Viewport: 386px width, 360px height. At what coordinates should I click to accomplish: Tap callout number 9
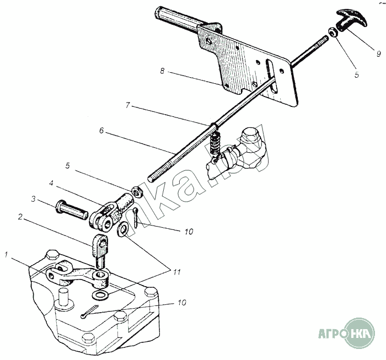pos(378,53)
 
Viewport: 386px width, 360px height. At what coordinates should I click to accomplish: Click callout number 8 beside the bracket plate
pos(162,71)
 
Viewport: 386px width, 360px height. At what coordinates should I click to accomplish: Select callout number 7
pos(127,105)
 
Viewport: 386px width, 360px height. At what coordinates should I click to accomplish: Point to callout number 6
pos(101,131)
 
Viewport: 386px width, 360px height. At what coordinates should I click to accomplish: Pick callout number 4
pos(51,184)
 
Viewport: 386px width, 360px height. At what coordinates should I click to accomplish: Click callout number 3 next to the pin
pos(34,199)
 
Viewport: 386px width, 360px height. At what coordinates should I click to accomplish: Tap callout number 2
pos(20,217)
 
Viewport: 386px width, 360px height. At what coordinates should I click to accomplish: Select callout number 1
pos(7,255)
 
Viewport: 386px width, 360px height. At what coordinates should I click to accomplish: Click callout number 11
pos(177,272)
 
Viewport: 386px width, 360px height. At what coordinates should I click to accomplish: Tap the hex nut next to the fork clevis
pos(136,191)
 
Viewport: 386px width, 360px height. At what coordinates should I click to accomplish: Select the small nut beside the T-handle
pos(333,33)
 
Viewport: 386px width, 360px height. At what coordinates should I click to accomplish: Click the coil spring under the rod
pos(214,144)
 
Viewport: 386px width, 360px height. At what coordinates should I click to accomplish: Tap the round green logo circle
pos(360,334)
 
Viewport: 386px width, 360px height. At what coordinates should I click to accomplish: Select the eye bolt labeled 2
pos(100,251)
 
